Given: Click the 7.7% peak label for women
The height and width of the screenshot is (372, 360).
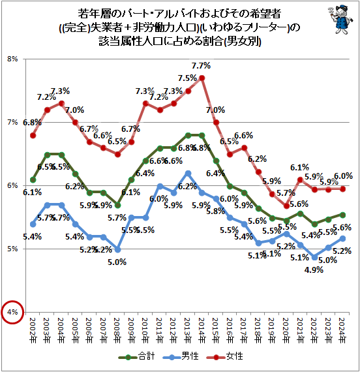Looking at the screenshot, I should point(201,66).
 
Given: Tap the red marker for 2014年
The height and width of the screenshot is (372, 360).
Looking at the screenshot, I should point(202,78).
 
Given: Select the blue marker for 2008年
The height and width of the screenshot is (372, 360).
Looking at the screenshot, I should point(117,249).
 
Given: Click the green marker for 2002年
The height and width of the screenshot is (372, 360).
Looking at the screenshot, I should point(33,179).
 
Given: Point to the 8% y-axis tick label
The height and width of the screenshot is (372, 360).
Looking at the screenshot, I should point(12,59).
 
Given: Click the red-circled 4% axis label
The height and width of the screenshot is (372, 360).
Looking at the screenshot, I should point(12,313).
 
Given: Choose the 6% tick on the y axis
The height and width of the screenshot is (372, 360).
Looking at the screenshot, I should point(12,186).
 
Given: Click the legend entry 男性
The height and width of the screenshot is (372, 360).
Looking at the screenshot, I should point(183,356).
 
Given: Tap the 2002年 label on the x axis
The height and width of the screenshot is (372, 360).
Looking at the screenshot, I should point(33,331).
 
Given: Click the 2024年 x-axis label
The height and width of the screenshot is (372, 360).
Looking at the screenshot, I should point(344,331).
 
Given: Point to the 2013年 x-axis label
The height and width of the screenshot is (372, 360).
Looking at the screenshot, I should point(188,331).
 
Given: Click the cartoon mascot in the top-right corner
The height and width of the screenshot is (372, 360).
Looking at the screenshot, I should point(337,19).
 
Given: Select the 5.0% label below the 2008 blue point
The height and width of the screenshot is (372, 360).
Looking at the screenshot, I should point(117,262).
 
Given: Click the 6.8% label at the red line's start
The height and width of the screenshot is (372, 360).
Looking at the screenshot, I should point(32,123).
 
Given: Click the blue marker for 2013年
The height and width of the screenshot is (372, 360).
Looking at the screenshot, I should point(188,173).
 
